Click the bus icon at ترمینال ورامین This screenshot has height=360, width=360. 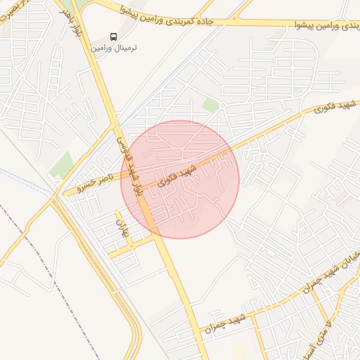pyautogui.click(x=113, y=37)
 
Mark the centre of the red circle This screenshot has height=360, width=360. pyautogui.click(x=180, y=179)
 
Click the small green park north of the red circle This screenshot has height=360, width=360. pyautogui.click(x=210, y=105)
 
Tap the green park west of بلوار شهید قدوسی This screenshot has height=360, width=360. pyautogui.click(x=62, y=165)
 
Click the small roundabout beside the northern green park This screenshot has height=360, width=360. pyautogui.click(x=221, y=105)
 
